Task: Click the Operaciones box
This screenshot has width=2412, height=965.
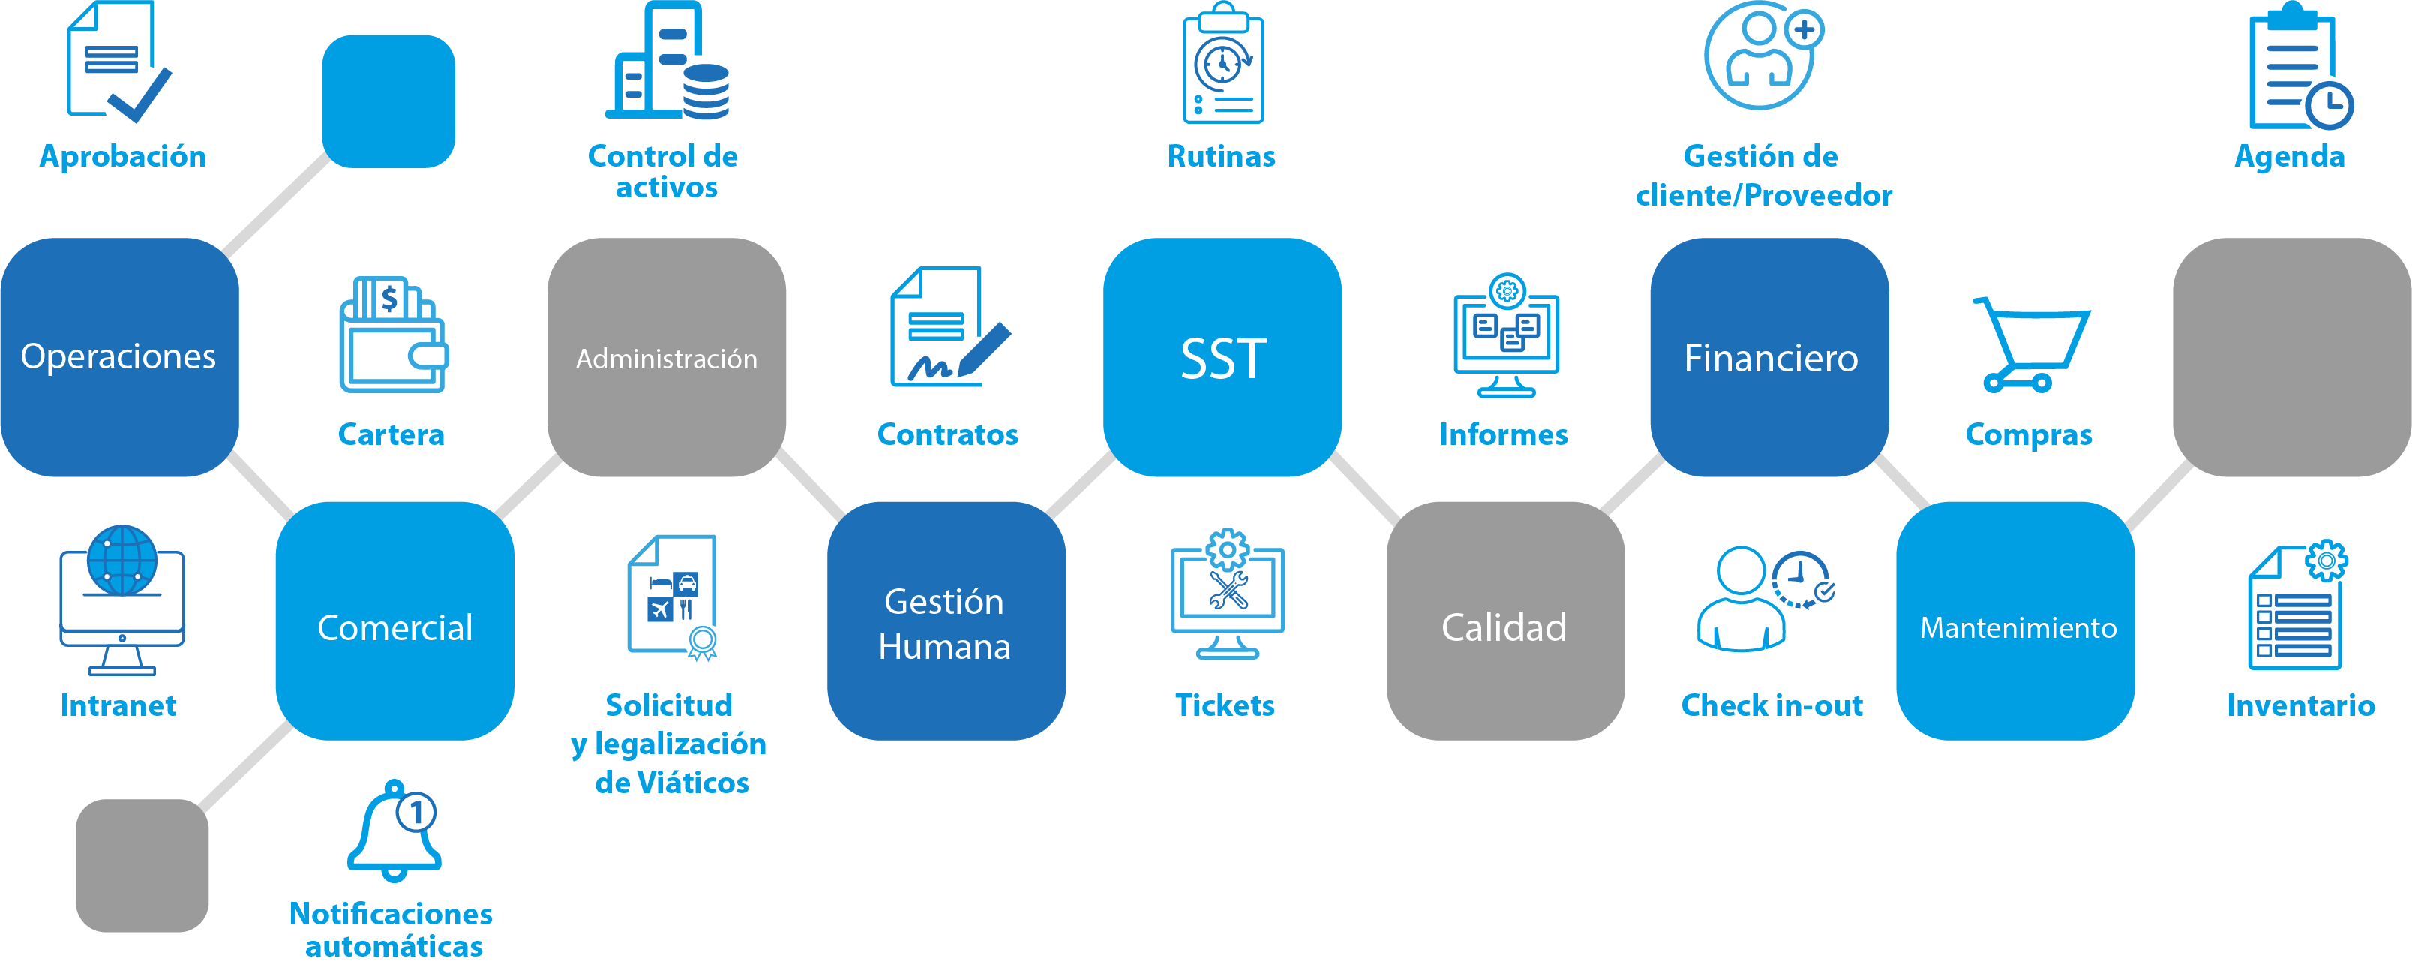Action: coord(119,357)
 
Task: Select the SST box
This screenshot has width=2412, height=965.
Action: coord(1222,357)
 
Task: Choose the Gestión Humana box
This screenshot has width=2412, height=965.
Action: coord(946,621)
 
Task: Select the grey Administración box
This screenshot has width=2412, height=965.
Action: coord(667,357)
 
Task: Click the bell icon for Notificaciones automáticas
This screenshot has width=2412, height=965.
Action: coord(393,832)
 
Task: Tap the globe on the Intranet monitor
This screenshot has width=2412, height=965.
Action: coord(121,561)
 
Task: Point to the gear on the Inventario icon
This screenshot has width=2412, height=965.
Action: coord(2326,561)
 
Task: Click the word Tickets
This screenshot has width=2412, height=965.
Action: coord(1224,705)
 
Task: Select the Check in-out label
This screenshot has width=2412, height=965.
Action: coord(1771,705)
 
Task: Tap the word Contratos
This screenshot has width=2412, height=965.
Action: coord(946,434)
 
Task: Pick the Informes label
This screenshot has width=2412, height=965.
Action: coord(1503,434)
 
